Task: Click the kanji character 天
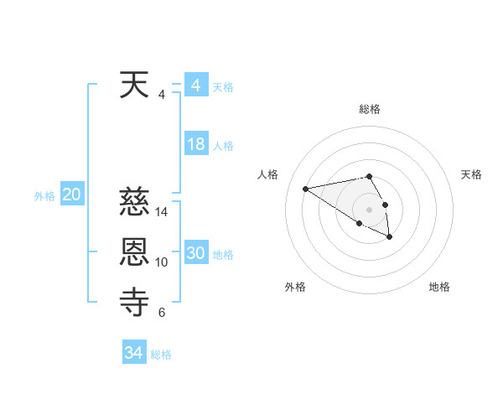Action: point(135,86)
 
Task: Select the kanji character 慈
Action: point(135,204)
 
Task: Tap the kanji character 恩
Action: point(135,253)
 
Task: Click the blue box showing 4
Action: point(195,86)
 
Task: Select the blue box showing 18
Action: point(195,144)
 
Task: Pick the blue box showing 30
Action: point(195,253)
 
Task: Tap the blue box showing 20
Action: point(71,194)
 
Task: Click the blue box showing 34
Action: point(133,353)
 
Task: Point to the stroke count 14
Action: point(162,213)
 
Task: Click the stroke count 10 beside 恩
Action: point(162,262)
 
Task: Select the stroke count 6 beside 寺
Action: point(162,313)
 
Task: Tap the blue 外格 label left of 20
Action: point(44,196)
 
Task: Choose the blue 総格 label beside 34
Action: point(161,355)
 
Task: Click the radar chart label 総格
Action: point(370,109)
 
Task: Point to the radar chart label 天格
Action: point(472,174)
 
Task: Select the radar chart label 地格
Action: point(439,287)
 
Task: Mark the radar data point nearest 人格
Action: point(306,188)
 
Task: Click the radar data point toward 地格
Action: point(389,237)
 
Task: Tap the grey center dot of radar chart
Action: point(370,209)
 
